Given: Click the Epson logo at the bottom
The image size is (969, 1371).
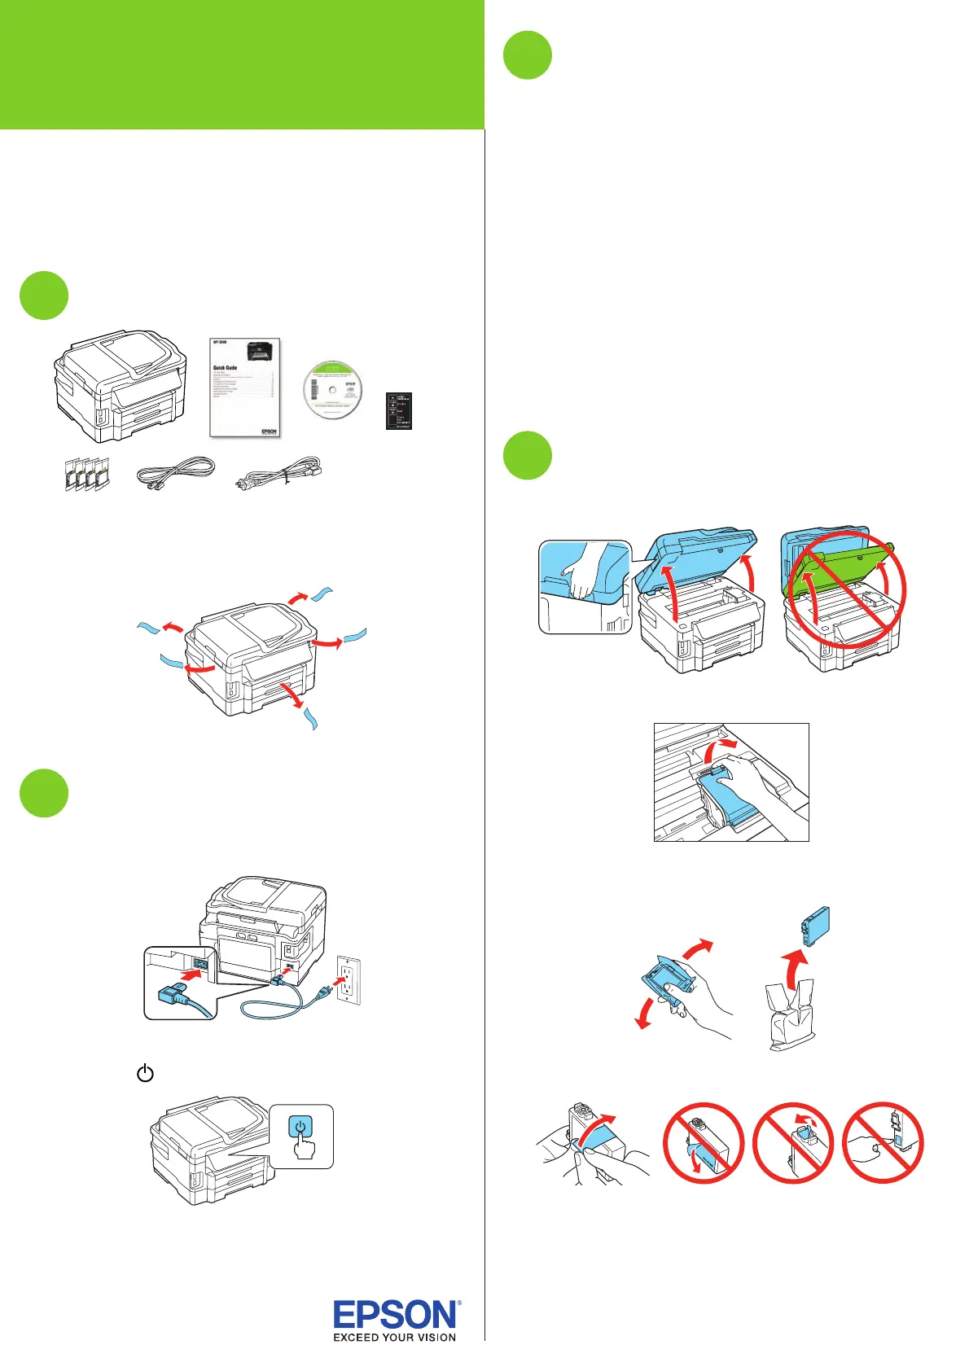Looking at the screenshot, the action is pos(396,1316).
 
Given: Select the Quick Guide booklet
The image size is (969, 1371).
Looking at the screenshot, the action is pos(244,388).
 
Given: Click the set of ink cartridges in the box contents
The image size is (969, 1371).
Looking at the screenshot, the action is pos(86,475).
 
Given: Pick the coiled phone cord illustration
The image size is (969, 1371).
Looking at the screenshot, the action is pos(175,473).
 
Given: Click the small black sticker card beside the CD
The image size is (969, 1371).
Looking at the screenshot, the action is pos(399,410).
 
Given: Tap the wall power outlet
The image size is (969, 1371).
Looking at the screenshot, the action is pos(348,979).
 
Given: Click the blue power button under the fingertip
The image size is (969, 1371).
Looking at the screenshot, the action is pos(300,1128).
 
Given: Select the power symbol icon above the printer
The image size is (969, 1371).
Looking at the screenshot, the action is pos(145,1073).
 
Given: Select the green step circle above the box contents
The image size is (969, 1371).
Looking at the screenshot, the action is pos(44,295).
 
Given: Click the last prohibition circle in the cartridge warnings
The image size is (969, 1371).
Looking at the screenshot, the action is pos(883,1142).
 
